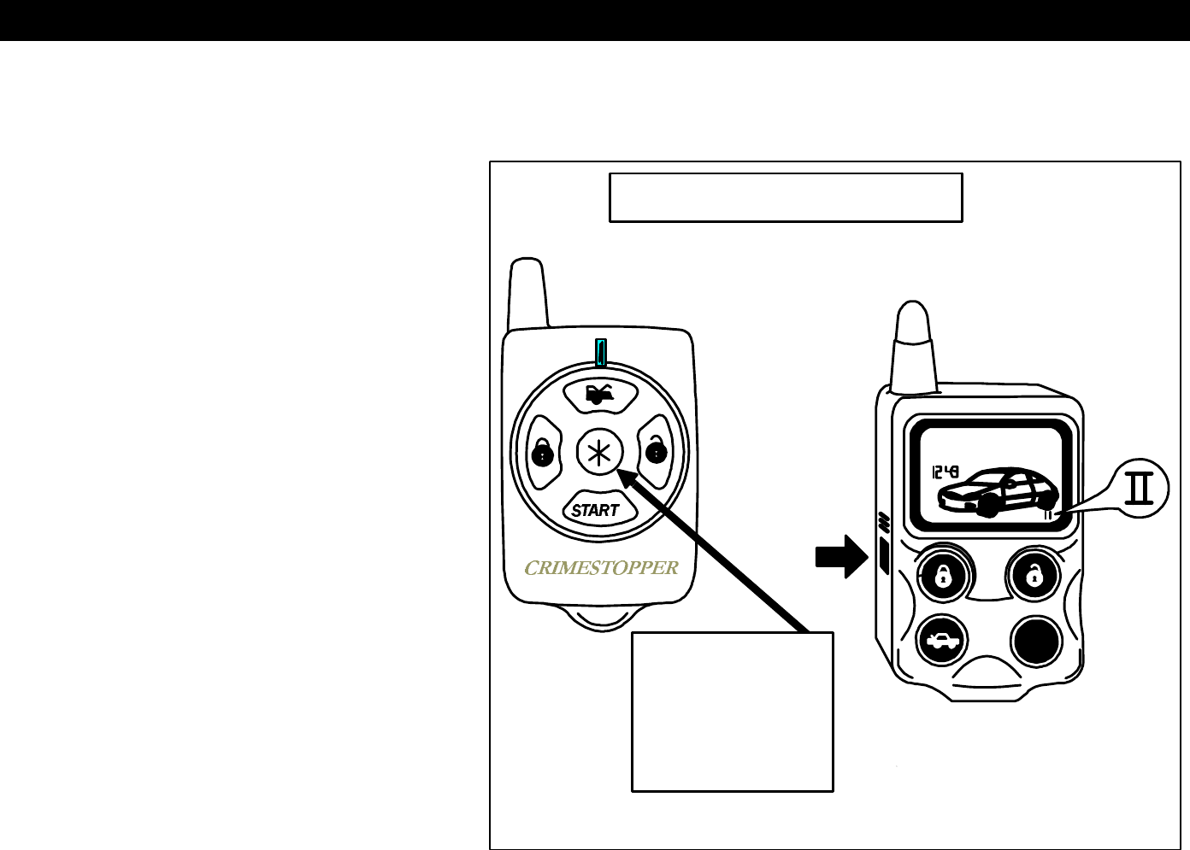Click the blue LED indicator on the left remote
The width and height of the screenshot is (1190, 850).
601,352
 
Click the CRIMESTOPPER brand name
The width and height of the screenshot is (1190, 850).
601,567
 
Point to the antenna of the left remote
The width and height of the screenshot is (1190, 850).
527,294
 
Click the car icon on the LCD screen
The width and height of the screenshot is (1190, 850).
997,493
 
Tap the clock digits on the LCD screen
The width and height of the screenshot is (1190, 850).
945,472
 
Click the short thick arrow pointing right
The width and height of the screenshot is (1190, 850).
841,557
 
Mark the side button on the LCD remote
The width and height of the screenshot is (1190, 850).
884,556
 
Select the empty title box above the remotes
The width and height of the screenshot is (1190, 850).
786,197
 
